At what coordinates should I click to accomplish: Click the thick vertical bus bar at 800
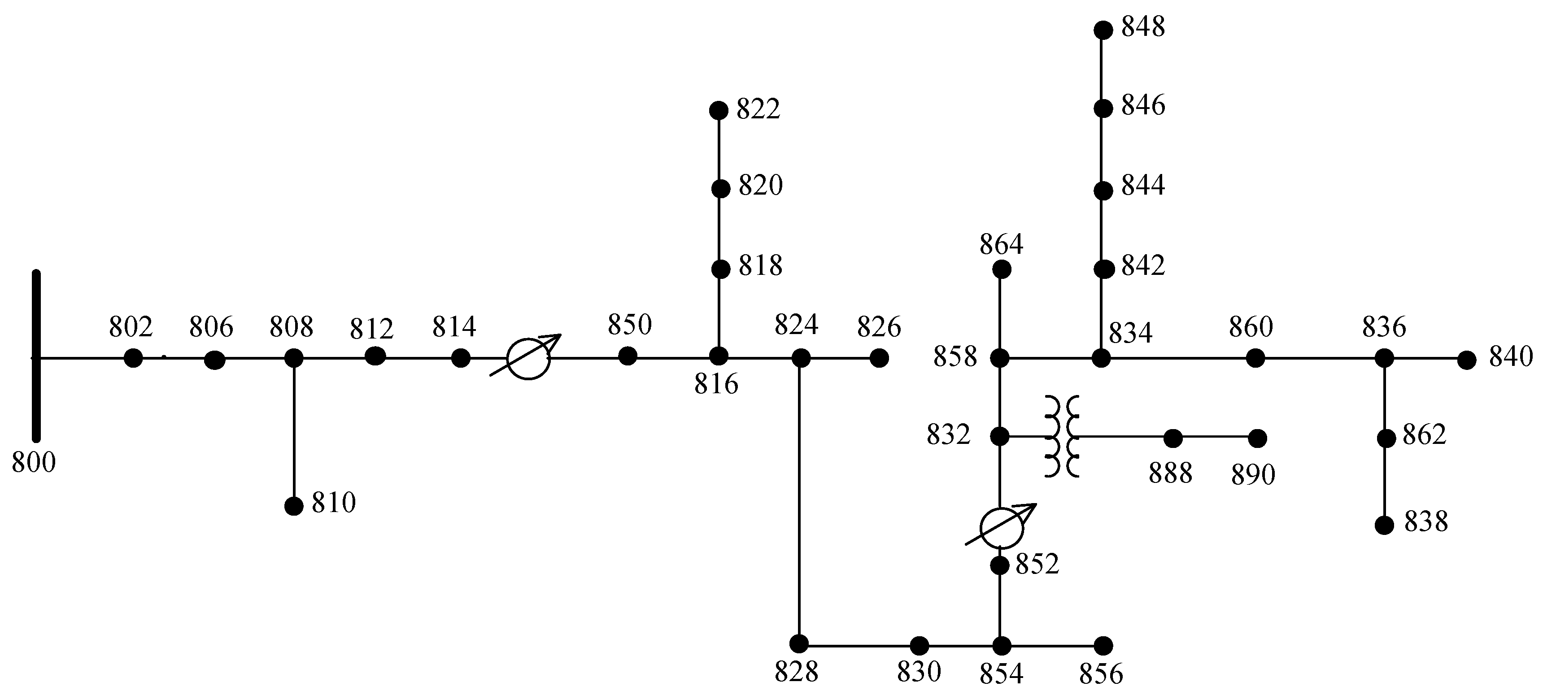[x=36, y=356]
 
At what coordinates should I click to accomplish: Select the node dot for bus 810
[x=293, y=506]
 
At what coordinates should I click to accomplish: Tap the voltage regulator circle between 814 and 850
[x=527, y=359]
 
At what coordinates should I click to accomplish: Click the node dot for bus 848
[x=1103, y=30]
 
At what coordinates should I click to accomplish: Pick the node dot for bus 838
[x=1384, y=525]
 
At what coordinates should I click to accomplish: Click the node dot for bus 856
[x=1103, y=645]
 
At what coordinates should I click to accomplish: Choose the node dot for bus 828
[x=798, y=643]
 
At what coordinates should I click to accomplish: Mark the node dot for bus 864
[x=1002, y=270]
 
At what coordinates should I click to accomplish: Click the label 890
[x=1253, y=475]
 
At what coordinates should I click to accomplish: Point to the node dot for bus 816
[x=718, y=356]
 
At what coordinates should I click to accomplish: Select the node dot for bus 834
[x=1101, y=359]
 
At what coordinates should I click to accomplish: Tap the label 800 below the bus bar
[x=34, y=463]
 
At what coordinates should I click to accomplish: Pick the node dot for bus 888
[x=1173, y=438]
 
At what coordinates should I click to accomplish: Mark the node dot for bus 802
[x=133, y=359]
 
